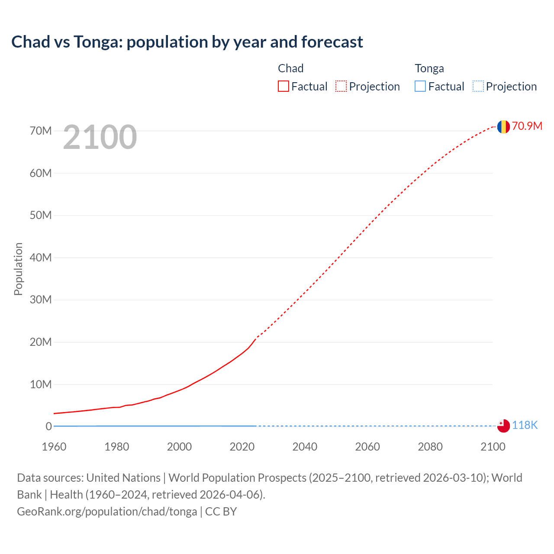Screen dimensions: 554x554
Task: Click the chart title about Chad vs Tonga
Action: (187, 42)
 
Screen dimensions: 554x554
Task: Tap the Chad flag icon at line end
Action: (503, 126)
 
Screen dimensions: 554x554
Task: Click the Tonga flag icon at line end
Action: (503, 426)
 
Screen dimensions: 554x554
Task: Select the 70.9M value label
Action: (527, 126)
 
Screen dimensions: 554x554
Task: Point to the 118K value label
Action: (525, 425)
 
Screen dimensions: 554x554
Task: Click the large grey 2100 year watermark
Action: (100, 137)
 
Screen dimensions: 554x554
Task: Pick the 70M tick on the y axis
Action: (41, 131)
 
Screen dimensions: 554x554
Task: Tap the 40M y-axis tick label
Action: (41, 258)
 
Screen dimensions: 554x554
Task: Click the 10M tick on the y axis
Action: (41, 384)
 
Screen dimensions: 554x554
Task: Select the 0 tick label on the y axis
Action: (48, 426)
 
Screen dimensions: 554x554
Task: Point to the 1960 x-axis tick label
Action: (54, 447)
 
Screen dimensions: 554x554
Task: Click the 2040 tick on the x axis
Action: (305, 447)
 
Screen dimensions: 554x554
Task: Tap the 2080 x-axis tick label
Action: (430, 447)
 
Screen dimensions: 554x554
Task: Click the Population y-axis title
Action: (18, 269)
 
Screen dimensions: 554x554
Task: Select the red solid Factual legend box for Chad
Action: (283, 86)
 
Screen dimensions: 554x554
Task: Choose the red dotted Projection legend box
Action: (341, 86)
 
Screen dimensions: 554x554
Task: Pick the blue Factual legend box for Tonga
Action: (420, 86)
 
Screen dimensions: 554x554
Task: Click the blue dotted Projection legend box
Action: (478, 86)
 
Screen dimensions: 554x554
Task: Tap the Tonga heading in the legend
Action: (429, 68)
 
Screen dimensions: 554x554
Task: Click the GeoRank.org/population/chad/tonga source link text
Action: (107, 512)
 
